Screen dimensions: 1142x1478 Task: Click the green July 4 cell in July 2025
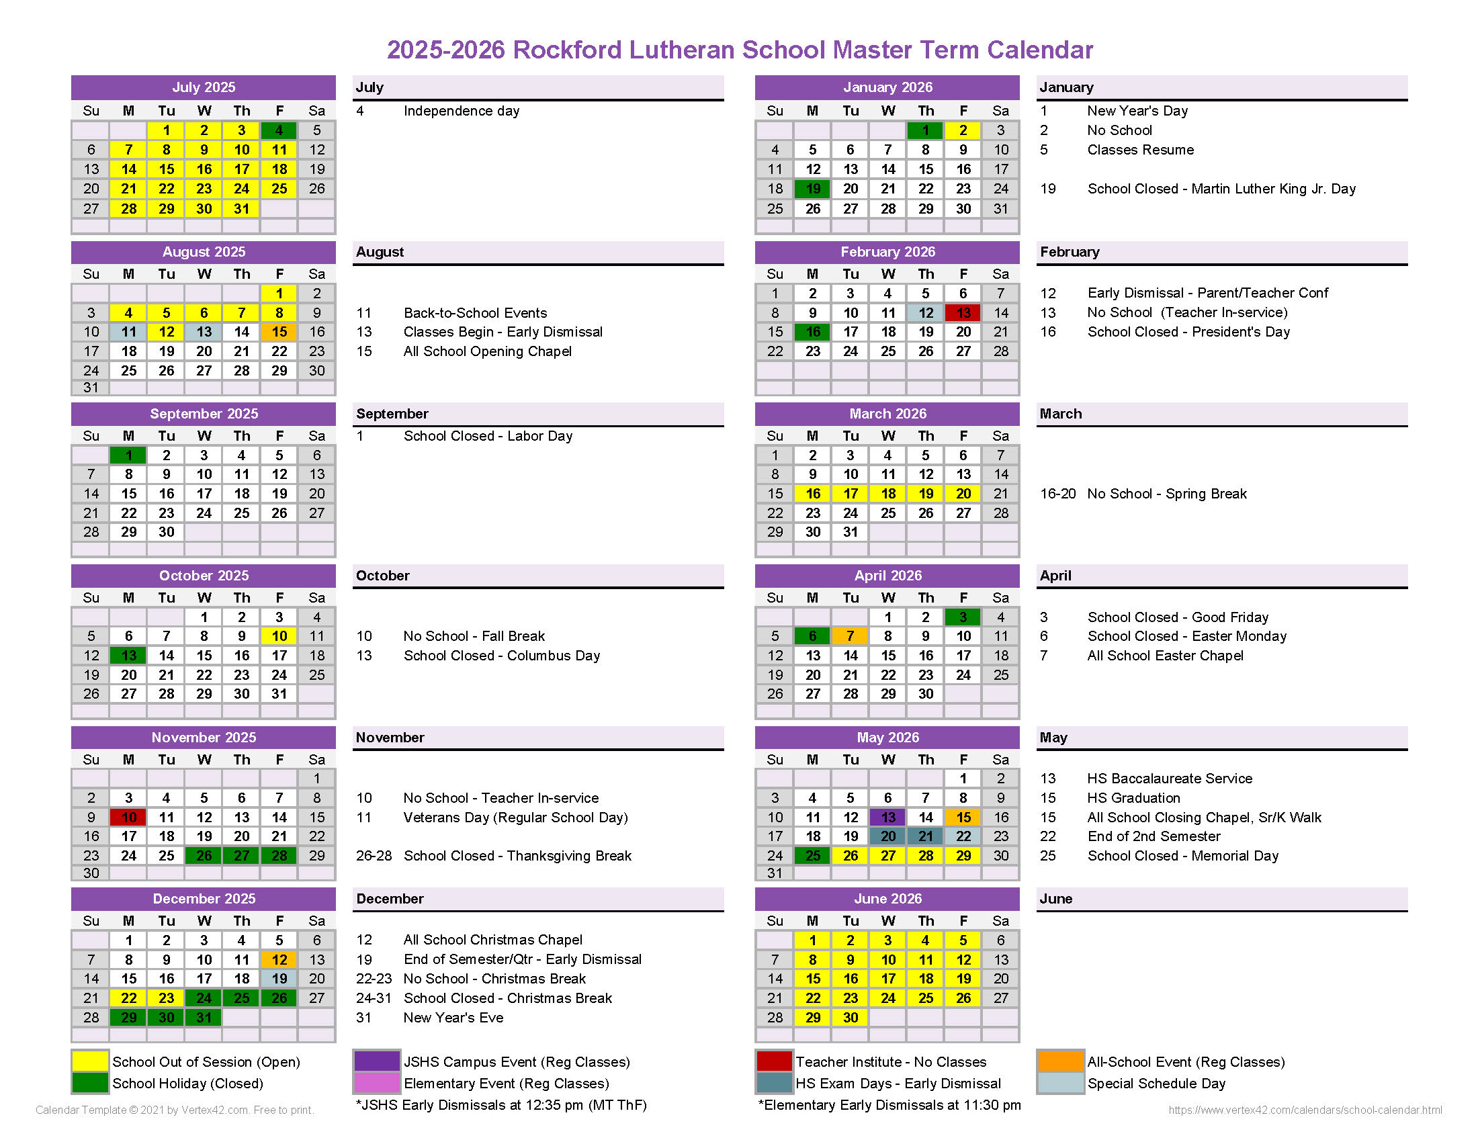pos(279,130)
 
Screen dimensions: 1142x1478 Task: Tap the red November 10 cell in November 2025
pos(128,818)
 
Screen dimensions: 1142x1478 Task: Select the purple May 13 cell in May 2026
pos(888,818)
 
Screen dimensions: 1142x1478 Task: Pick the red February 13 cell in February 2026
pos(963,312)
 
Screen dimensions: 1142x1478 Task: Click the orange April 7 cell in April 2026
pos(850,636)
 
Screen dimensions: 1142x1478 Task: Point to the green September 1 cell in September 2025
pos(128,455)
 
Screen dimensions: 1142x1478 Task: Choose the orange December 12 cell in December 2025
pos(279,959)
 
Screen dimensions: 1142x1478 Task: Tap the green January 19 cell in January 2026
pos(813,189)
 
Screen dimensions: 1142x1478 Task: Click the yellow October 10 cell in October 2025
pos(279,636)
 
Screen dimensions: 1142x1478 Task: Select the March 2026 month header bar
pos(887,414)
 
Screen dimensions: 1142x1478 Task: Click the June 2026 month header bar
pos(887,898)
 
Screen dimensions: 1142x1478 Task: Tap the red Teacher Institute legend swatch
pos(773,1061)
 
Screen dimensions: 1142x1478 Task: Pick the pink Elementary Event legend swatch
pos(376,1083)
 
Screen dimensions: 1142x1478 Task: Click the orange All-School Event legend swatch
pos(1059,1061)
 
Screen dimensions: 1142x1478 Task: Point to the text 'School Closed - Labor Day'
pos(488,437)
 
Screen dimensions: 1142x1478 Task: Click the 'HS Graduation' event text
pos(1133,798)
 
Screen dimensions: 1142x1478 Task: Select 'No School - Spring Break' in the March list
pos(1167,494)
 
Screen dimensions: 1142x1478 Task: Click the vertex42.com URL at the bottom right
pos(1305,1110)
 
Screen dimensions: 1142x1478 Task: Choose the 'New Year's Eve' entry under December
pos(453,1018)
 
